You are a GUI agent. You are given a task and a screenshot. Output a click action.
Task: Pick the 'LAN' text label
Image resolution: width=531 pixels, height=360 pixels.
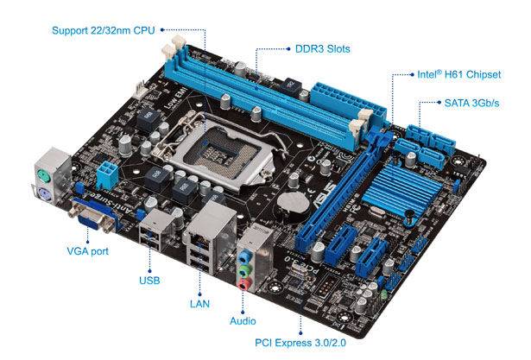click(199, 304)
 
